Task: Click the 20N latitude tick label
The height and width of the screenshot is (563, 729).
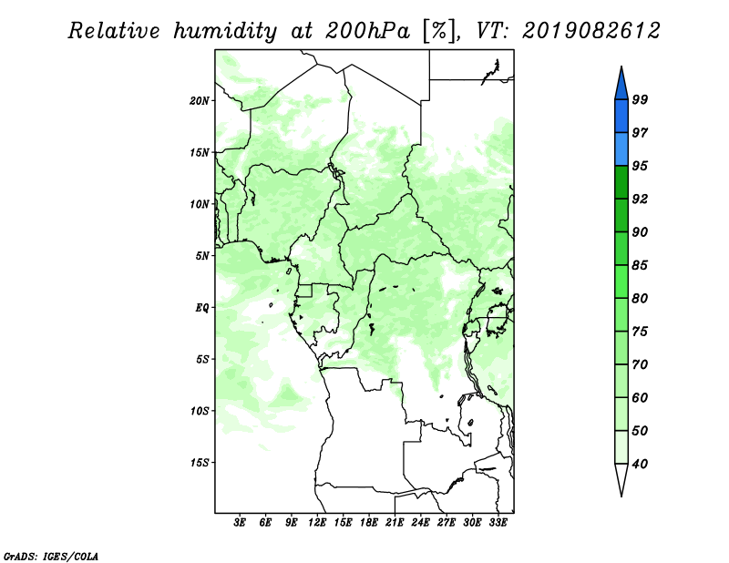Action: [x=200, y=101]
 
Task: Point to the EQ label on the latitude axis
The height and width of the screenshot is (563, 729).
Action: [x=201, y=308]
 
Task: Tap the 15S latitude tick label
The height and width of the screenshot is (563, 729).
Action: [x=200, y=463]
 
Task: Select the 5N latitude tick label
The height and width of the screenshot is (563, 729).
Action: [x=202, y=256]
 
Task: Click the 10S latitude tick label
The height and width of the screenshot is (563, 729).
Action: [x=200, y=411]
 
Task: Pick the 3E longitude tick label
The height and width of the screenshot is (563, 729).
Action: [x=240, y=523]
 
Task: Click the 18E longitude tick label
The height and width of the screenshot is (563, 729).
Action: [x=369, y=523]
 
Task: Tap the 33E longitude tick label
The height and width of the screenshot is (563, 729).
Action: [x=498, y=523]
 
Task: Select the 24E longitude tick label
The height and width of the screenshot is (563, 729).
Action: [x=420, y=523]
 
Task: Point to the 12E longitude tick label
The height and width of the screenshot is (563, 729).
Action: [x=317, y=523]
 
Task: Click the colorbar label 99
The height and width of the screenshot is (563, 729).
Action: [x=640, y=99]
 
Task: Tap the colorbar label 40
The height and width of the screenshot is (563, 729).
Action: [x=640, y=464]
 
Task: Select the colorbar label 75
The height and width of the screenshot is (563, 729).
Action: [x=640, y=332]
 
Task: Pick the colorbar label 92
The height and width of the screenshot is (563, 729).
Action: [x=640, y=199]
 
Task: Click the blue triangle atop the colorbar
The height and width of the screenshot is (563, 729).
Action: [x=621, y=84]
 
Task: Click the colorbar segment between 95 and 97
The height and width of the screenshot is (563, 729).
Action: [x=621, y=149]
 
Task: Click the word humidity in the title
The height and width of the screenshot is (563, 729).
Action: [x=225, y=31]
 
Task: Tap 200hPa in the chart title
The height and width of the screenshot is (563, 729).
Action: [x=368, y=31]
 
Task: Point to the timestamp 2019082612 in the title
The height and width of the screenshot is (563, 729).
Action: [x=590, y=31]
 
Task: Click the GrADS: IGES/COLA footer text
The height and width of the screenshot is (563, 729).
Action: [x=51, y=557]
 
